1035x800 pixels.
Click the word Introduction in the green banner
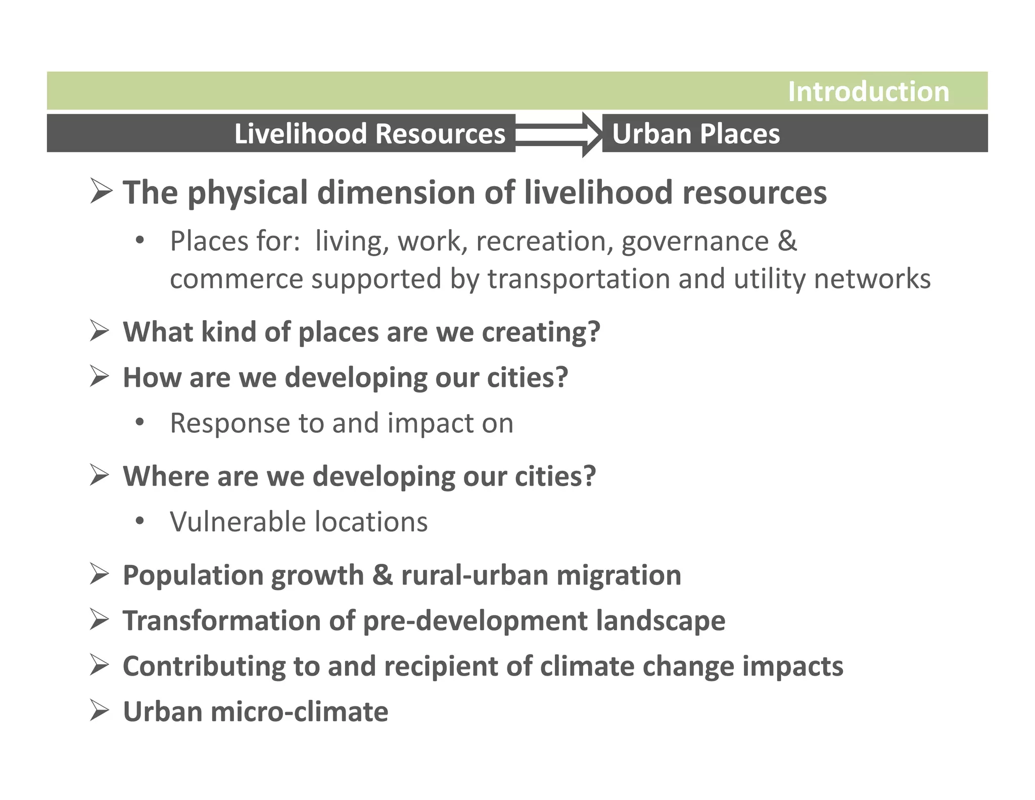point(868,92)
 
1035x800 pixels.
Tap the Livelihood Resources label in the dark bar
point(369,134)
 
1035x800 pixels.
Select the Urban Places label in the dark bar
point(695,134)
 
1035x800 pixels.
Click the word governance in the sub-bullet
point(694,242)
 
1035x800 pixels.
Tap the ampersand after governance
point(787,241)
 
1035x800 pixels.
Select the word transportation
point(578,279)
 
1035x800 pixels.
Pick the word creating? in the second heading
point(541,332)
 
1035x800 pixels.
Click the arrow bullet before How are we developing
point(100,377)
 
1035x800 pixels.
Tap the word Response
point(230,423)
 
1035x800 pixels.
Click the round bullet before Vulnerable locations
point(140,521)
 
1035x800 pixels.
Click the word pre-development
point(475,621)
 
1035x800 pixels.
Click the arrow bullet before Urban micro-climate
point(100,710)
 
